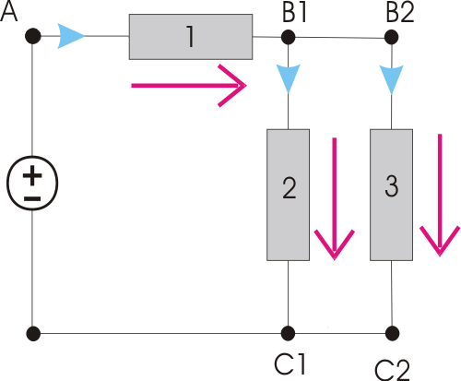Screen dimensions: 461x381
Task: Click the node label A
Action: pos(8,12)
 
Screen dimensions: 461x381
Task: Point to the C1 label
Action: pos(290,364)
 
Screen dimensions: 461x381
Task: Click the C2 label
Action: pos(392,370)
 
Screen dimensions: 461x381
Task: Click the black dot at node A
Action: pos(33,36)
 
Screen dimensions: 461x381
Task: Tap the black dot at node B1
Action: pos(288,37)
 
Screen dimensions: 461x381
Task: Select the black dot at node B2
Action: pos(391,38)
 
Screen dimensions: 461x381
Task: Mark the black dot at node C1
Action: pos(288,333)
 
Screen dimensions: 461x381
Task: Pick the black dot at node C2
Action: pos(392,333)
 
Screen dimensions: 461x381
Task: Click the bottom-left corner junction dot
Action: pos(33,333)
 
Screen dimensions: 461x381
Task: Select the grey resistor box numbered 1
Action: pos(191,37)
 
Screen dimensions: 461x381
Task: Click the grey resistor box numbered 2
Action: pos(288,195)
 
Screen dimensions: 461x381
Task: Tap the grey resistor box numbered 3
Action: pos(391,195)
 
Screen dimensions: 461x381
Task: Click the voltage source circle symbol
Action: pos(32,183)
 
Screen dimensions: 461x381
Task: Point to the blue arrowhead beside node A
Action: pos(70,36)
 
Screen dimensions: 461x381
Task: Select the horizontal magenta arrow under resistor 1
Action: pos(189,86)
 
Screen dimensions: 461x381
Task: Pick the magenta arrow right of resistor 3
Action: pos(440,195)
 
